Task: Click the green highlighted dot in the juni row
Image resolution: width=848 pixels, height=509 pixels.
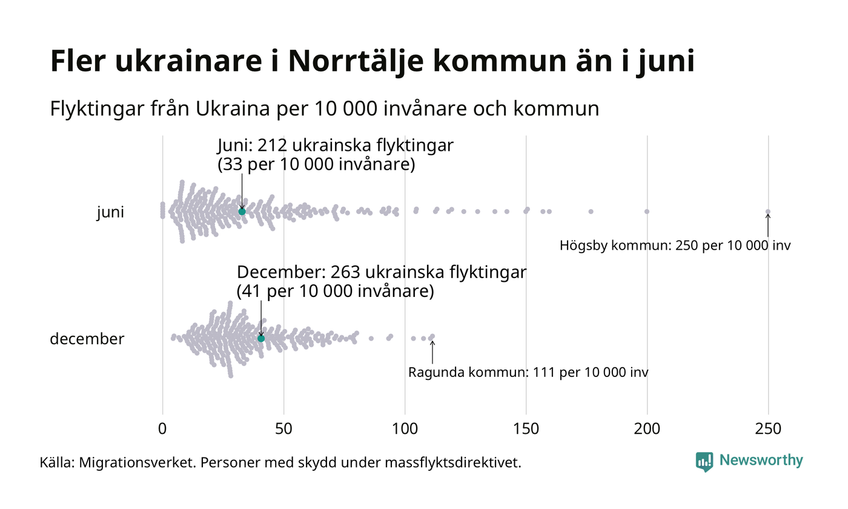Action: coord(242,211)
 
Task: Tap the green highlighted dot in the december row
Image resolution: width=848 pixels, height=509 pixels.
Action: coord(261,338)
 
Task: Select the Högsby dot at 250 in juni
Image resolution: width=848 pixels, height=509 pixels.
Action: coord(768,211)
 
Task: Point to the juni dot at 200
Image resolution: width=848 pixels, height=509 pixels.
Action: coord(647,211)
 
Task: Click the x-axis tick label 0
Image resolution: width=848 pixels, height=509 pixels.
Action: coord(162,428)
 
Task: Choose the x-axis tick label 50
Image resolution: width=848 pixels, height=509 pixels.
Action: coord(283,428)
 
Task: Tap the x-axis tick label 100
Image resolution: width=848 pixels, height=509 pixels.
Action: coord(405,428)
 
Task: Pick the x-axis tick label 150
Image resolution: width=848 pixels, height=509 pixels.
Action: coord(526,428)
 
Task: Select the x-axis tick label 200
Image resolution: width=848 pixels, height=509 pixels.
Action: coord(647,428)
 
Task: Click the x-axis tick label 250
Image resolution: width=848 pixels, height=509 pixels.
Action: coord(768,428)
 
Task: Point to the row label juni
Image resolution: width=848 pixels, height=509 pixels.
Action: coord(110,213)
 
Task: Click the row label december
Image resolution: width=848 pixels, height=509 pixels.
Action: coord(87,339)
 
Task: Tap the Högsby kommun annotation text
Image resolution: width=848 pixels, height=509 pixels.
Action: coord(675,246)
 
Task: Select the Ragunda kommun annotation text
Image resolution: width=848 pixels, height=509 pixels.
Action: coord(528,372)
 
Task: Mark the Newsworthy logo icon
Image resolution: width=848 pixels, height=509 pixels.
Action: coord(704,462)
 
